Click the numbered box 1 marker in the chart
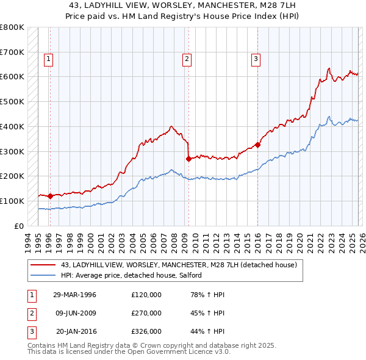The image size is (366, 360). pyautogui.click(x=48, y=59)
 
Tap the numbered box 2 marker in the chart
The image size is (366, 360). pyautogui.click(x=187, y=59)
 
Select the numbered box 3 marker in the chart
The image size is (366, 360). pyautogui.click(x=256, y=59)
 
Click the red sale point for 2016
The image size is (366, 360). pyautogui.click(x=257, y=145)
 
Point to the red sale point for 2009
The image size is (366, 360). pyautogui.click(x=188, y=159)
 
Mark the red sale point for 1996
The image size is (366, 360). pyautogui.click(x=50, y=196)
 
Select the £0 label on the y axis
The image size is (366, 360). pyautogui.click(x=18, y=226)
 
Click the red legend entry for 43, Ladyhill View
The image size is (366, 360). pyautogui.click(x=178, y=265)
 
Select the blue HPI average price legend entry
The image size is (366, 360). pyautogui.click(x=135, y=276)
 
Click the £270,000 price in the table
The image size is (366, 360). pyautogui.click(x=146, y=313)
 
